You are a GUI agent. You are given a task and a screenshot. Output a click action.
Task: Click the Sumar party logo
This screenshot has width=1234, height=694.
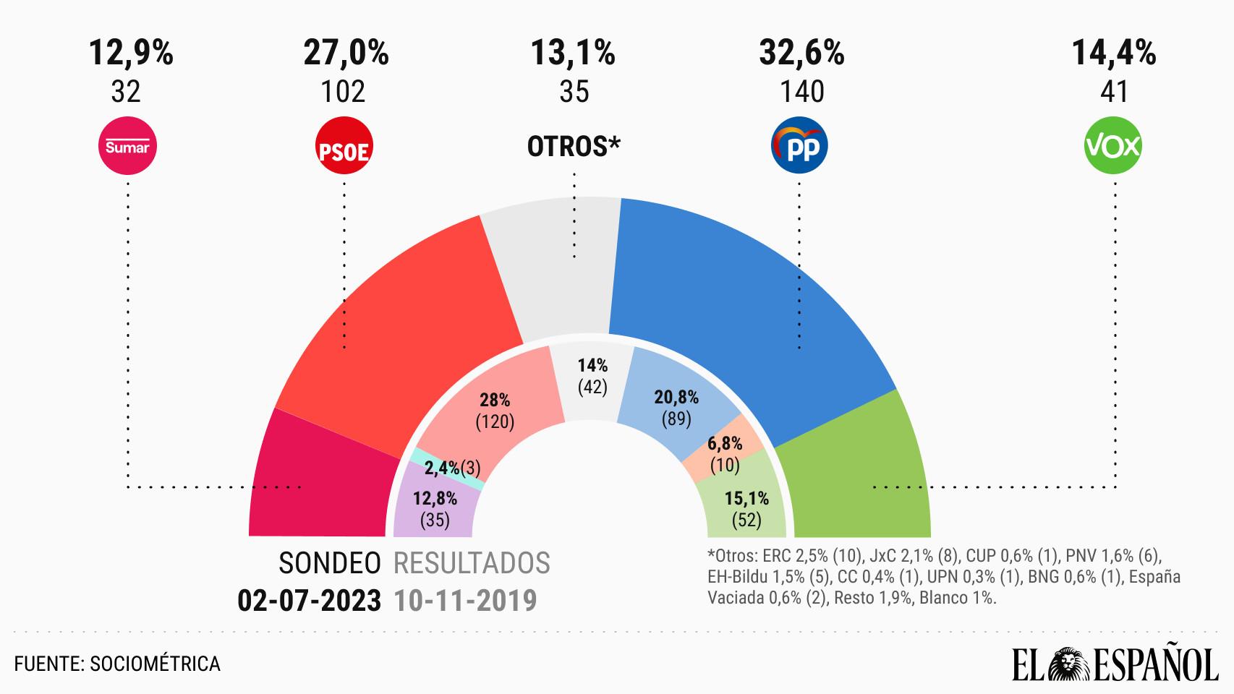[127, 147]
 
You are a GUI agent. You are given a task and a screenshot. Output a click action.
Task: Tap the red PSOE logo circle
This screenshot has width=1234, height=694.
[344, 147]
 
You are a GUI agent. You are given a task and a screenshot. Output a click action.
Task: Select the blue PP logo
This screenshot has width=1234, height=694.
[799, 147]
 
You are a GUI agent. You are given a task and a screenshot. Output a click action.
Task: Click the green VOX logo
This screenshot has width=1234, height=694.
[1113, 147]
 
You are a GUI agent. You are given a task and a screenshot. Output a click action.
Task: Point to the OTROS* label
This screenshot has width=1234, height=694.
[574, 147]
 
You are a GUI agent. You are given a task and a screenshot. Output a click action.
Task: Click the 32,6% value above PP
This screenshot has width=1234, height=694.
[801, 53]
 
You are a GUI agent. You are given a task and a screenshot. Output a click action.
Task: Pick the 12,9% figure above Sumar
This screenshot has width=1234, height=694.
[131, 53]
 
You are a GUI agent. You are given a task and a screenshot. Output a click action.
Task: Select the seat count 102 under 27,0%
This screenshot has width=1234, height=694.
[344, 92]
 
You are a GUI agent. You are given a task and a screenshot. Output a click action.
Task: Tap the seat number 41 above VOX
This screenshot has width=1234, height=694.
[1114, 92]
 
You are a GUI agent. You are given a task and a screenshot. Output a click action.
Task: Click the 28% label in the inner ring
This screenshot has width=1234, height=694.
[495, 400]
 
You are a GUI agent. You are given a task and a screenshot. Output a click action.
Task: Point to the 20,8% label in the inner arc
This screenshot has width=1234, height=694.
[676, 398]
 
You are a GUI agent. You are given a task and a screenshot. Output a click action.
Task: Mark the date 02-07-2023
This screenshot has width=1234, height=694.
[310, 600]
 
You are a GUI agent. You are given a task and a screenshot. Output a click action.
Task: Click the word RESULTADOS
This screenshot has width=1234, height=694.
[472, 563]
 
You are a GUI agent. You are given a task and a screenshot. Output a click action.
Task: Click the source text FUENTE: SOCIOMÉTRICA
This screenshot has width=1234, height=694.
[117, 664]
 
